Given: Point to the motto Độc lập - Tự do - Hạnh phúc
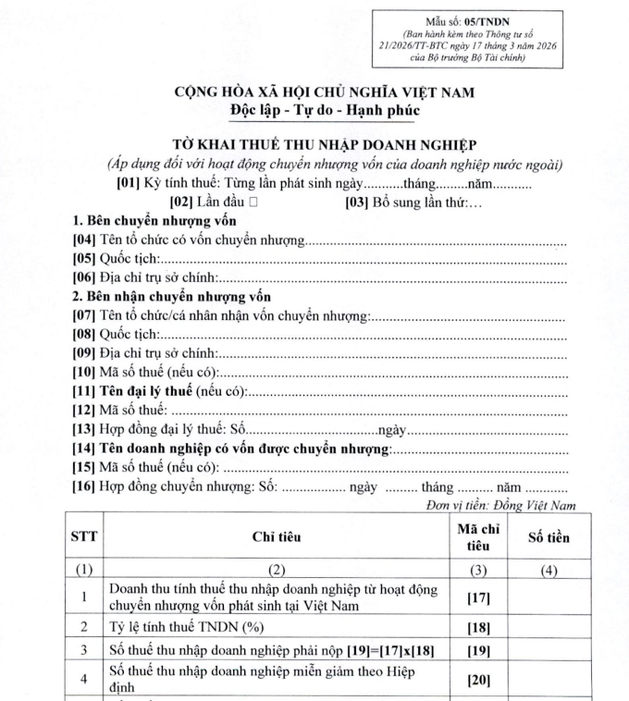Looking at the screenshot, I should pos(317,110).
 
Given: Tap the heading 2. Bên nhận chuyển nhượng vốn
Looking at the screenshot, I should pos(172,297).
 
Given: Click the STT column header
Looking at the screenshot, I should pos(85,536).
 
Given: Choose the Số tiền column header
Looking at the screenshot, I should pos(549,536).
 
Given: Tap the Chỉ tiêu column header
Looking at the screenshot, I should pos(277,536).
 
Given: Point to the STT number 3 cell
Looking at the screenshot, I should pos(85,651).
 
